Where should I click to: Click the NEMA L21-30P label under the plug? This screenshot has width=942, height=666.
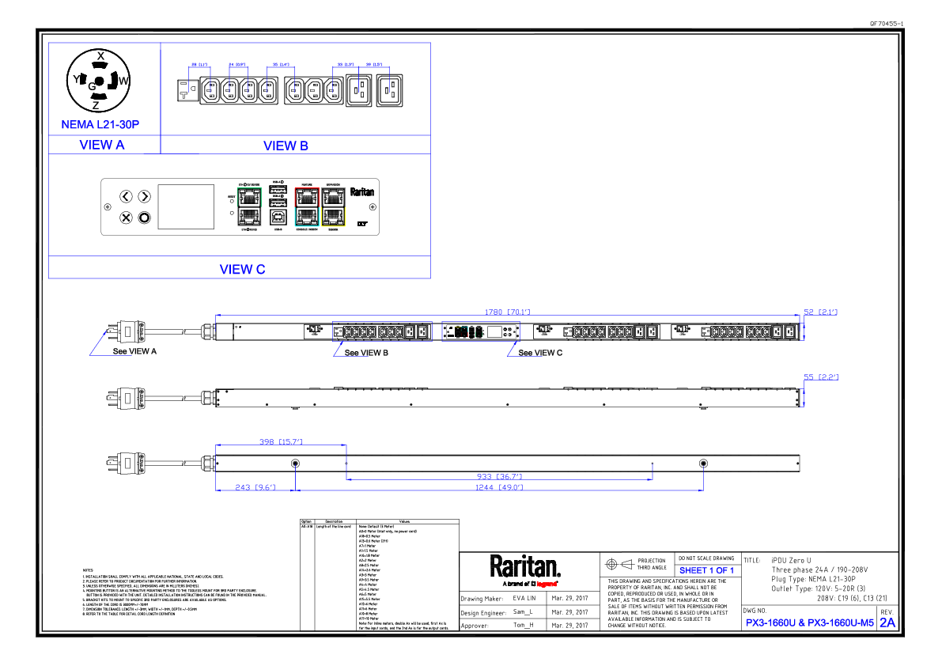coord(100,125)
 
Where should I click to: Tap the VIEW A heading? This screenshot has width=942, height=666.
coord(102,146)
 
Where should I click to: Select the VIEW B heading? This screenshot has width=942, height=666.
coord(286,146)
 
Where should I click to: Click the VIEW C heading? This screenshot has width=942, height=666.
coord(242,269)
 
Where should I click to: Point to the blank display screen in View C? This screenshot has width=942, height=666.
coord(187,207)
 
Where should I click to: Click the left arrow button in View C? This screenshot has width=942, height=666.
coord(126,196)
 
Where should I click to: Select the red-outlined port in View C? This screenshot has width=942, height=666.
coord(305,195)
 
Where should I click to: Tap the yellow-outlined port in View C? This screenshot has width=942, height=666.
coord(334,216)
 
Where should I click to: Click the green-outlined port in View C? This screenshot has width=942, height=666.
coord(249,195)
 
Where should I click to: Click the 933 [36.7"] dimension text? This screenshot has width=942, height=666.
coord(498,476)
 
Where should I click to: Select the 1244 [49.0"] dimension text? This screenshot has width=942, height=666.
coord(499,487)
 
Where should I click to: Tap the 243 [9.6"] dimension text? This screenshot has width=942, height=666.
coord(254,487)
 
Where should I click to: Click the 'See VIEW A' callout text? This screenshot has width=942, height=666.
coord(134,352)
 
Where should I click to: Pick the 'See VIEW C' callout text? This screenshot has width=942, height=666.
coord(540,353)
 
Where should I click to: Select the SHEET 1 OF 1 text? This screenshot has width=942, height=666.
coord(706,570)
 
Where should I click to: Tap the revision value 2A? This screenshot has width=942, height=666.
coord(887,622)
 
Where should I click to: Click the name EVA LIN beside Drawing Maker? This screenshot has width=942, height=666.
coord(524,599)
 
